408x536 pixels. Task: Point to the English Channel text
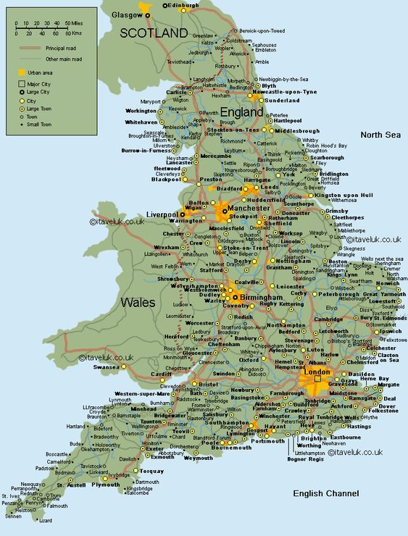(325, 493)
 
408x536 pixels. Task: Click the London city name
(317, 372)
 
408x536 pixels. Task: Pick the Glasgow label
(127, 14)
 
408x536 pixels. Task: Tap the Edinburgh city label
(183, 6)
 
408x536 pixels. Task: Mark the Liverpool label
(162, 215)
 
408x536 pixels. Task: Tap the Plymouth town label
(106, 485)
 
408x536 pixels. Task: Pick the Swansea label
(106, 367)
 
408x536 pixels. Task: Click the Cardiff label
(162, 374)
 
